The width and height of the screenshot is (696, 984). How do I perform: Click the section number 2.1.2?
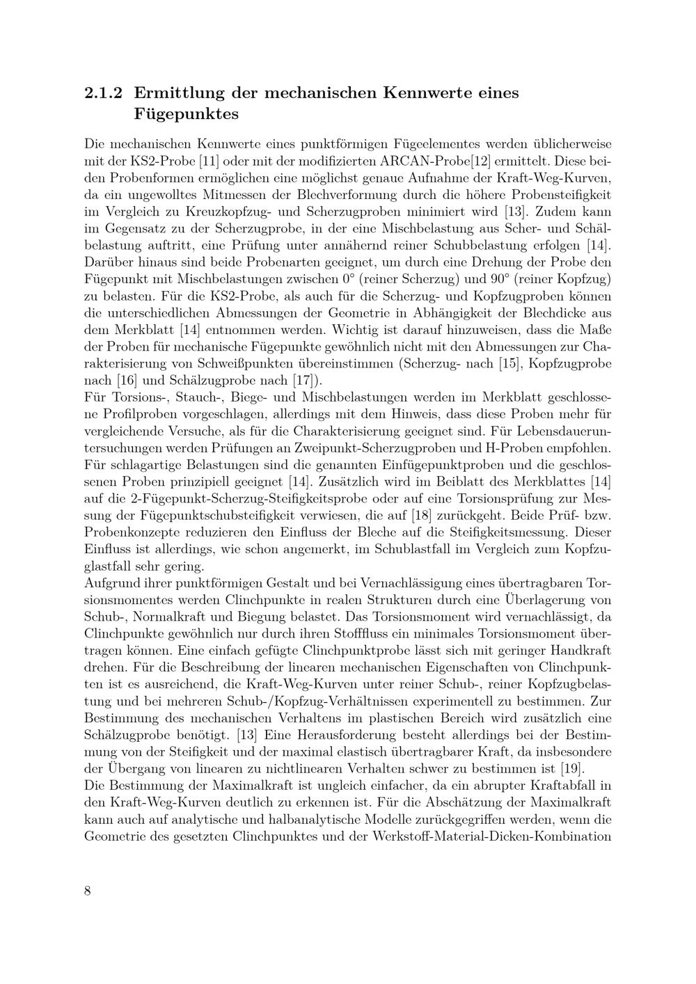[x=104, y=93]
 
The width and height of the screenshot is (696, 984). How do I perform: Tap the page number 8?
[x=88, y=891]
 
